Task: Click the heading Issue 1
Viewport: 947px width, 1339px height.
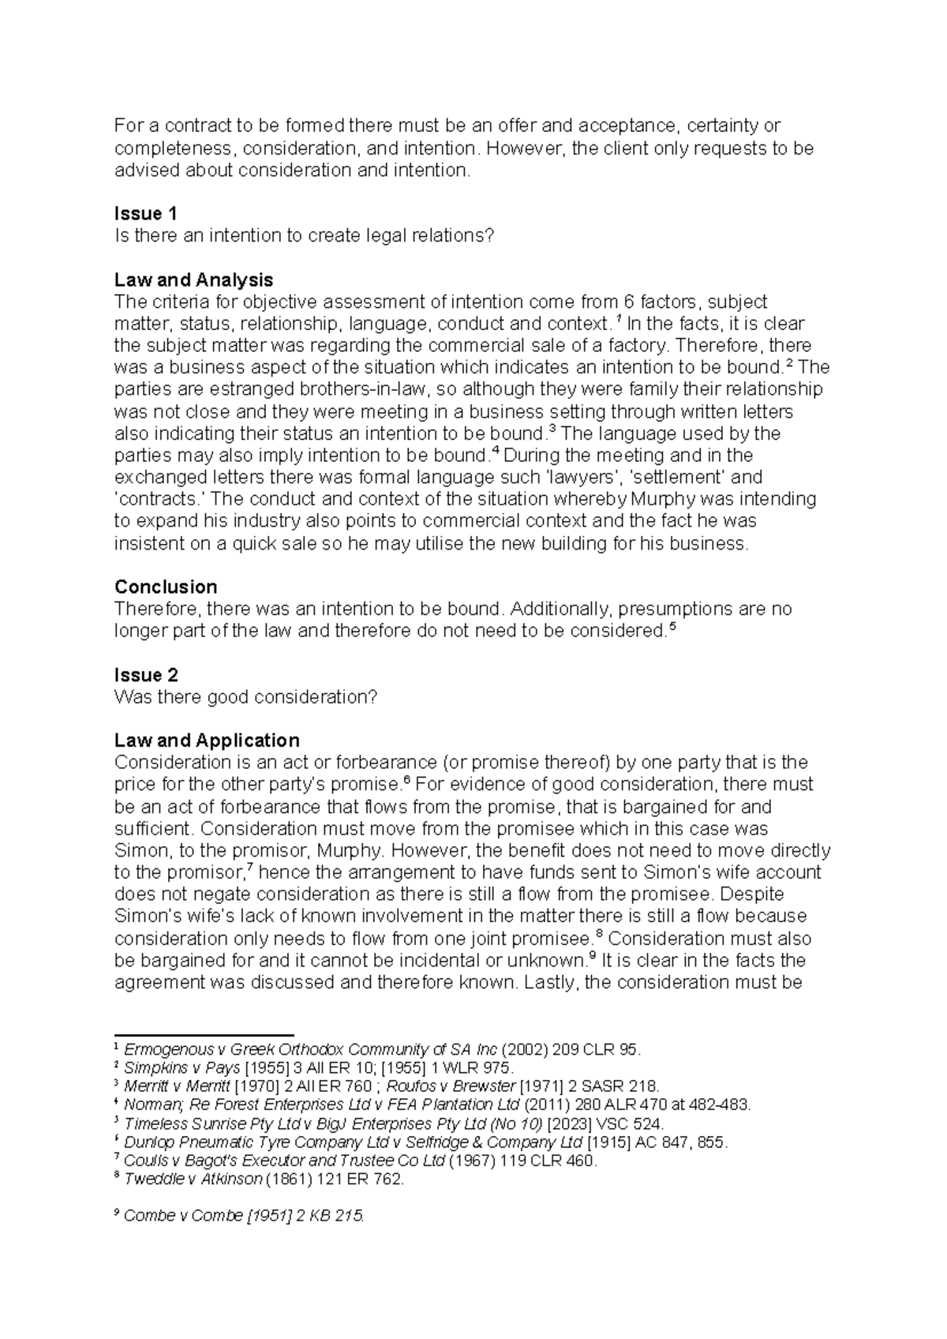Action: tap(145, 214)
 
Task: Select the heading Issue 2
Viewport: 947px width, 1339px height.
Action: tap(146, 675)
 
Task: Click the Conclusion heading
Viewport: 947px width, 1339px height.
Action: tap(166, 587)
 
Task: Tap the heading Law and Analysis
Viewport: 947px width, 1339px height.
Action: tap(193, 279)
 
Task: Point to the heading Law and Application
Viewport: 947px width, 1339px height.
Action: tap(207, 741)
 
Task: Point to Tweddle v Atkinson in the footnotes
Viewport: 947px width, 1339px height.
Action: tap(193, 1180)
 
